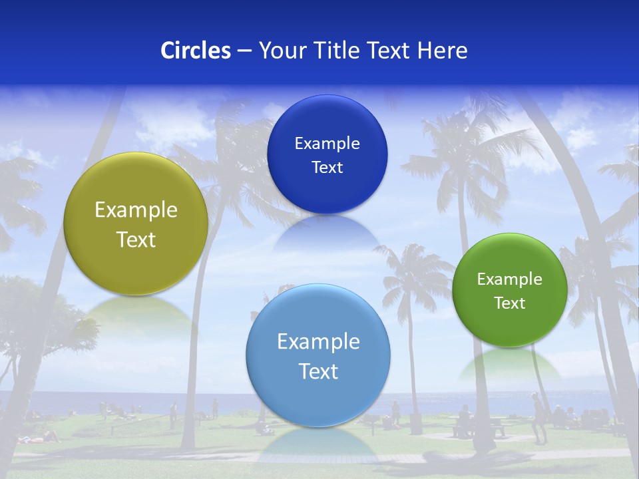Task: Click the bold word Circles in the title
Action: point(196,51)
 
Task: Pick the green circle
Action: point(510,326)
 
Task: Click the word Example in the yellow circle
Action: point(136,210)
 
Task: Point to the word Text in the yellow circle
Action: point(136,239)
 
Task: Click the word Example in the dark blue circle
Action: point(327,143)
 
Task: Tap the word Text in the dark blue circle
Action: point(327,168)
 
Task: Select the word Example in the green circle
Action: point(510,279)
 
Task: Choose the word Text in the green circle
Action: point(510,303)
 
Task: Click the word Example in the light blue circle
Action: point(318,342)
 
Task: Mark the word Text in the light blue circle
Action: point(318,371)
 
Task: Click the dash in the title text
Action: point(244,51)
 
